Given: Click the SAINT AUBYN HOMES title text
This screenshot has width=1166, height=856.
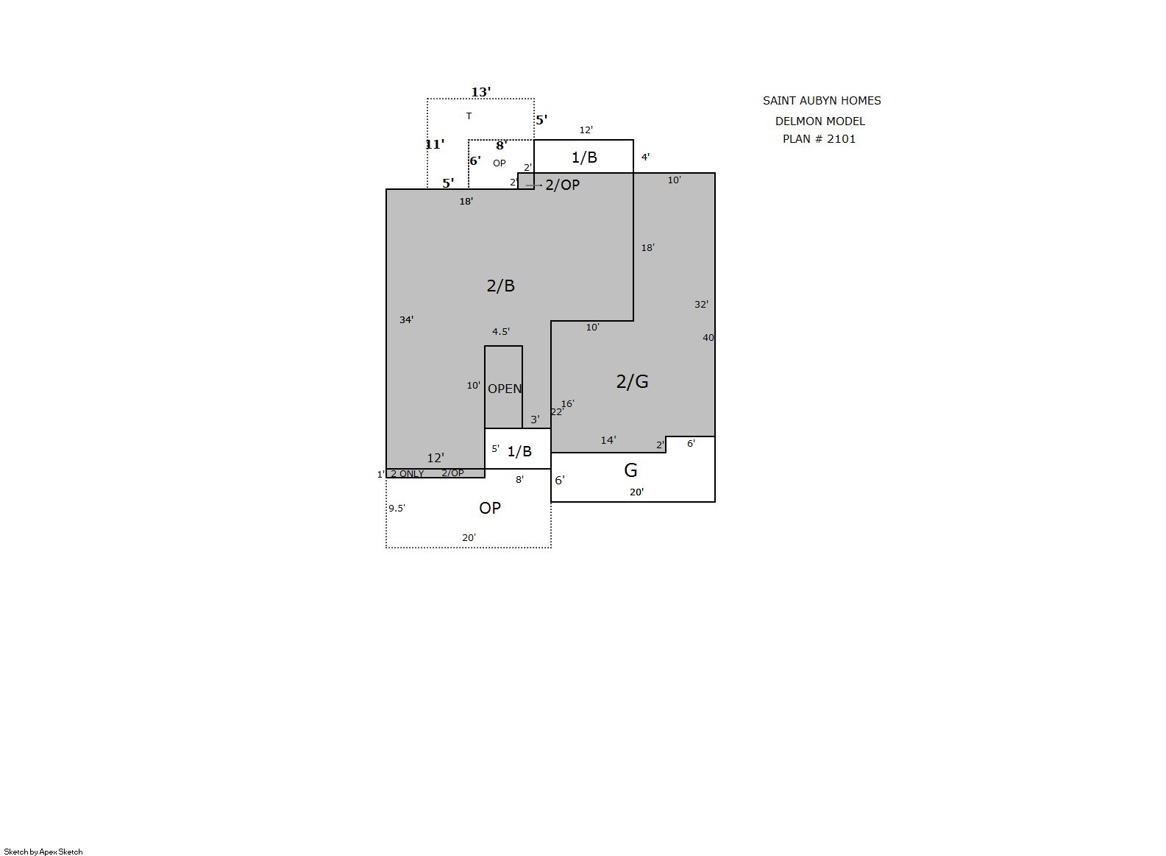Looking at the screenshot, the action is pos(822,101).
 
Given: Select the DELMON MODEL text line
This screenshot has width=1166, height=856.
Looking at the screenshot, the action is pos(820,121).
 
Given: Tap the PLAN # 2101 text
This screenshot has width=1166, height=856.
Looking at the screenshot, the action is pos(819,139).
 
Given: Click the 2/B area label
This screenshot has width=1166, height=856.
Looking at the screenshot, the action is pos(500,286).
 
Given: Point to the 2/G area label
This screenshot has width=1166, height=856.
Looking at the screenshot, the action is pos(632,382).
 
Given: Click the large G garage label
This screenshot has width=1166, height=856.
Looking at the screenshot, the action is pos(630,470).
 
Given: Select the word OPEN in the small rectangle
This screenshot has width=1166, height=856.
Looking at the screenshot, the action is pos(505,389).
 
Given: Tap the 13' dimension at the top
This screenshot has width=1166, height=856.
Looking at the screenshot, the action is pos(480,92).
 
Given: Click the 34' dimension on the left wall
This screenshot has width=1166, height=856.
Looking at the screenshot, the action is pos(406,319).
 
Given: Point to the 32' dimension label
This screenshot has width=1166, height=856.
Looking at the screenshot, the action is pos(701,304).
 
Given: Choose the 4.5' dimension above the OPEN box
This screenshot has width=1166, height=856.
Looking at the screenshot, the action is pos(501,332).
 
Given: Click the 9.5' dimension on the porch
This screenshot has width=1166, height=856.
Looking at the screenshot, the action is pos(397,508).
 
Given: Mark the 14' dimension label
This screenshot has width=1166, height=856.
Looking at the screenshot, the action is pos(608,440).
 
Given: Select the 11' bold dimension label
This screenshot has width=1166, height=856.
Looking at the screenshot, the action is pos(435,144).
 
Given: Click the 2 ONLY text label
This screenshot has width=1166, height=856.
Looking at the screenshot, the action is pos(407,474).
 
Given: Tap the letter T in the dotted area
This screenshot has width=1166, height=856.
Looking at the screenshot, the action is pos(469,116).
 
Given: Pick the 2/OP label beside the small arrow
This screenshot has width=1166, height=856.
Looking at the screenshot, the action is pos(562,185).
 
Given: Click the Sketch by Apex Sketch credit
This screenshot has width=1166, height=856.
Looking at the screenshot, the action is pos(43,852).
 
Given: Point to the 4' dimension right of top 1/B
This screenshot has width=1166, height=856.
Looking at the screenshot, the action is pos(645,157).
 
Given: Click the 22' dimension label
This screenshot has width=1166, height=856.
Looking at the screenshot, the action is pos(556,412).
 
